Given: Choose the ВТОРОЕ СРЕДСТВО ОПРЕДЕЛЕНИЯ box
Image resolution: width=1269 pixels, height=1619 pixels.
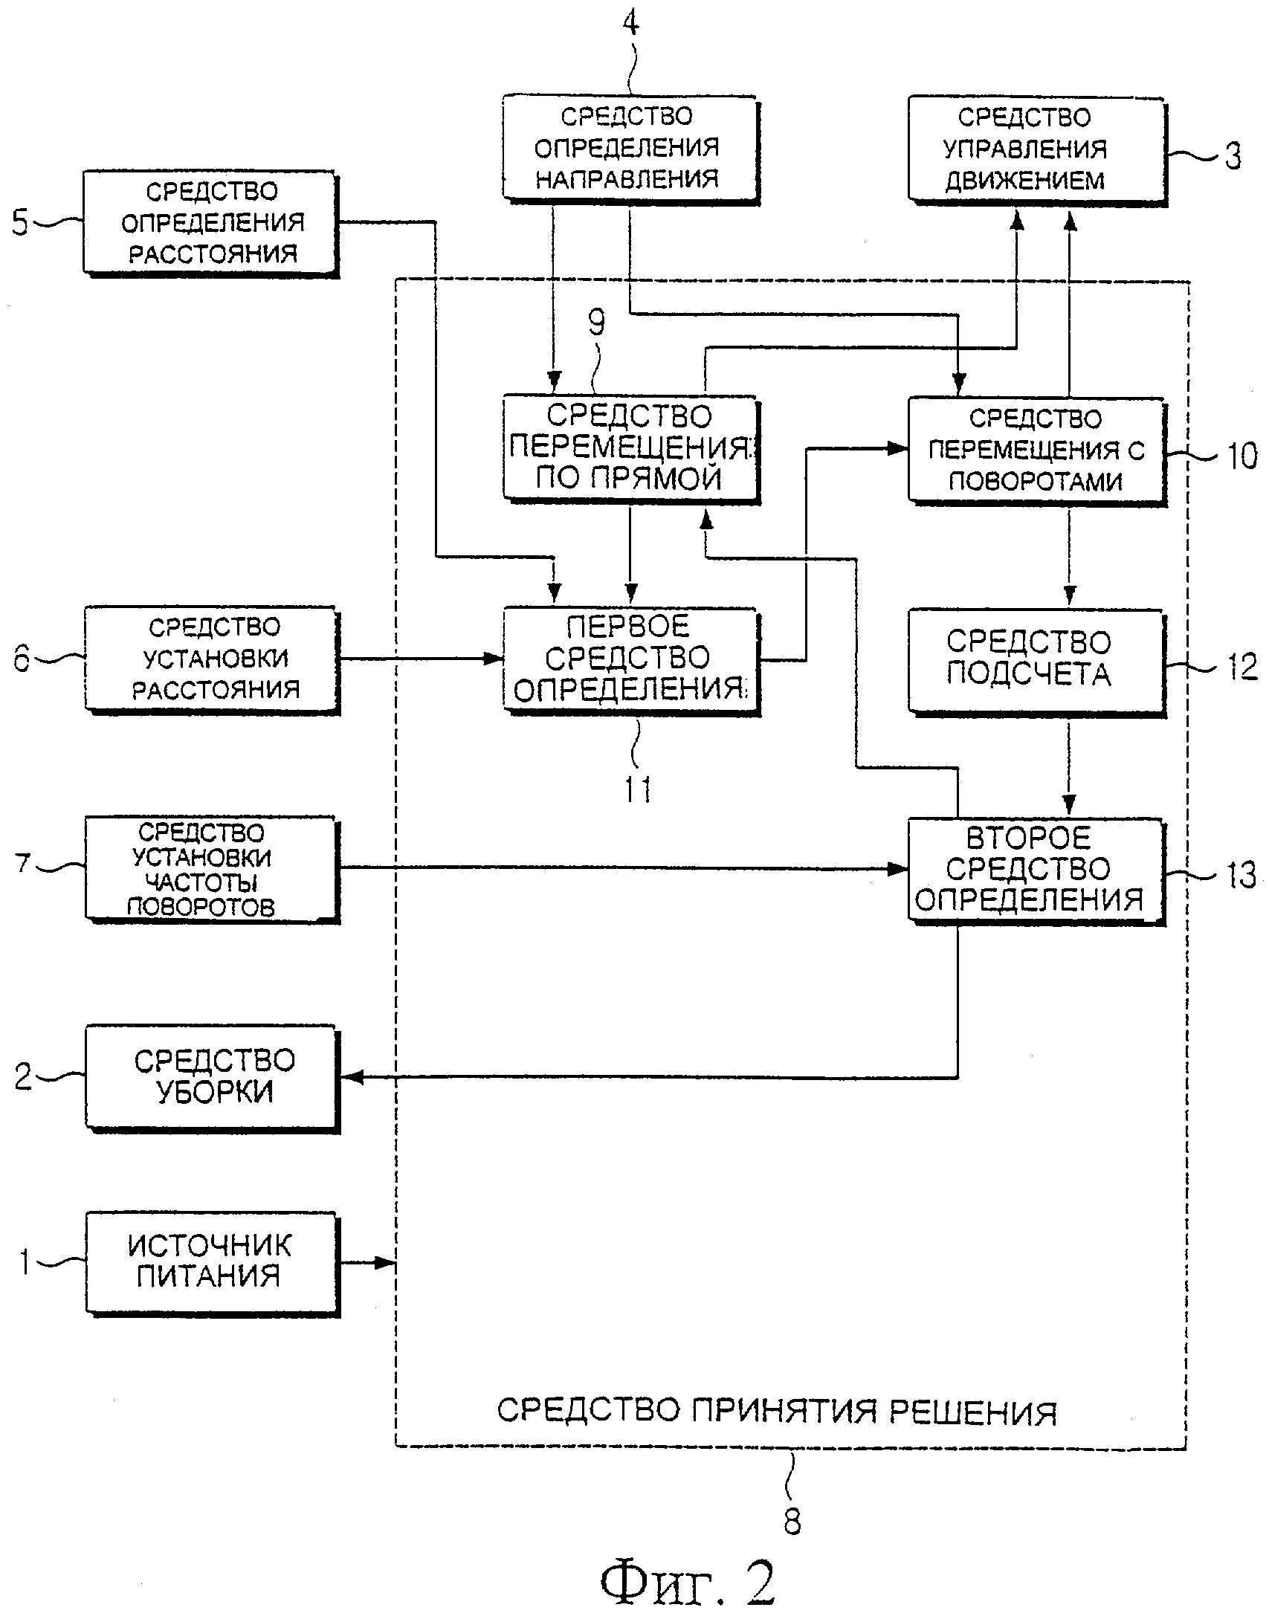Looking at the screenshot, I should pos(1035,868).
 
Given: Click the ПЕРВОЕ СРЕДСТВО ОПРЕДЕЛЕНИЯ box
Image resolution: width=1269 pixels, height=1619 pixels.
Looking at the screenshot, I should pos(630,659).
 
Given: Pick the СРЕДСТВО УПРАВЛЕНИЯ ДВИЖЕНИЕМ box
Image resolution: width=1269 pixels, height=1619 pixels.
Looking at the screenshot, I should pos(1035,149).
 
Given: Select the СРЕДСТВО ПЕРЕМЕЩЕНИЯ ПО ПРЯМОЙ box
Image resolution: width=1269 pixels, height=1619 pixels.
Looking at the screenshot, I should pos(630,448).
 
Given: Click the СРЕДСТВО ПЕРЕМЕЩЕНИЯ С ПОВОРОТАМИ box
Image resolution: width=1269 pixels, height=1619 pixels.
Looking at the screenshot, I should pos(1035,450).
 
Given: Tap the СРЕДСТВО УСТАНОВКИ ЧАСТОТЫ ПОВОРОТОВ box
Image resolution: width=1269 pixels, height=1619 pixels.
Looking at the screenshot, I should pos(211,868).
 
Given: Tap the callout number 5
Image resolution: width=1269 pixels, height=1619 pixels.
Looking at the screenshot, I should pos(20,223).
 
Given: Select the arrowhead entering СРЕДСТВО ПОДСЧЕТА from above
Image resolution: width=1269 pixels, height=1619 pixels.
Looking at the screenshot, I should pos(1069,595).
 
